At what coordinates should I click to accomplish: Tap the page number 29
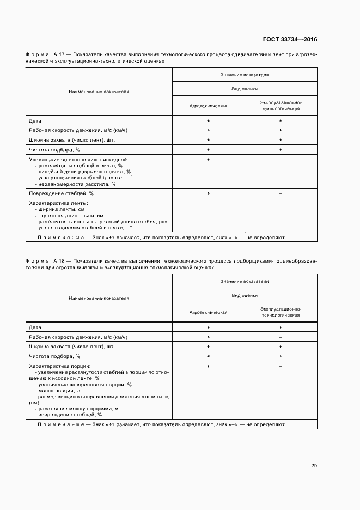[x=314, y=465]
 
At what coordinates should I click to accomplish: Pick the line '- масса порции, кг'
[x=58, y=391]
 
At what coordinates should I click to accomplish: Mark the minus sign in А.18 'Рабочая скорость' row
[x=280, y=337]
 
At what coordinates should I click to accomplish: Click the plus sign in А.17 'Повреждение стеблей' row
[x=208, y=193]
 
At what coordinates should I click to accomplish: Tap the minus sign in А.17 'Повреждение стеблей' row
[x=280, y=193]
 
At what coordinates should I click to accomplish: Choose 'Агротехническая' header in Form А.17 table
[x=208, y=106]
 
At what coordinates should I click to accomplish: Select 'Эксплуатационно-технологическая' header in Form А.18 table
[x=280, y=312]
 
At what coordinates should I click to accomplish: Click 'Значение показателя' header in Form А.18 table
[x=245, y=281]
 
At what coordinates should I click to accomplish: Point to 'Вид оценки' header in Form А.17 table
[x=245, y=89]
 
